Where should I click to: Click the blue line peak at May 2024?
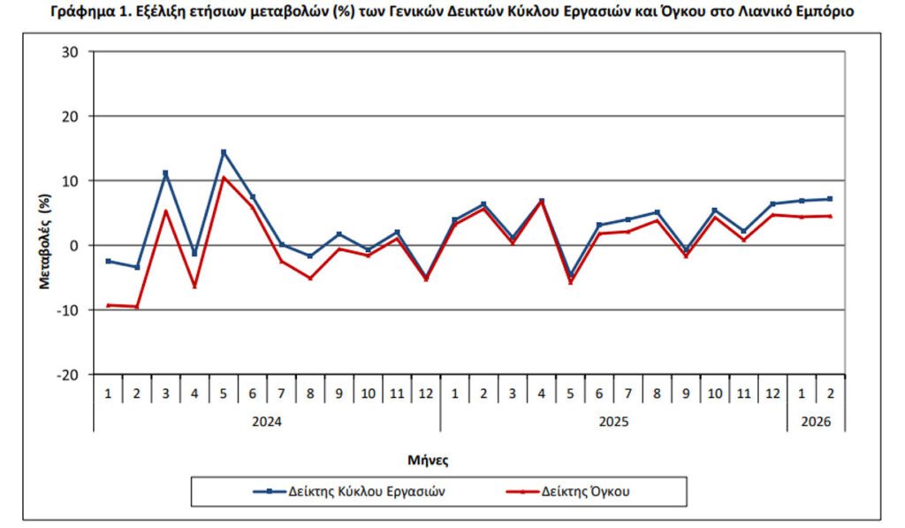pos(224,152)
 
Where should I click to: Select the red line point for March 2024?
pos(165,210)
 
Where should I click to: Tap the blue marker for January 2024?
pos(108,261)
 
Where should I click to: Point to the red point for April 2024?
pos(194,287)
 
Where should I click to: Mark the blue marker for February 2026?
pos(831,199)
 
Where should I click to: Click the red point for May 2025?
pos(570,282)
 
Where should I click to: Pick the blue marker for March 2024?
pos(165,173)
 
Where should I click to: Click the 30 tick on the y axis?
pos(72,52)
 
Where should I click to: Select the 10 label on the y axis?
pos(72,181)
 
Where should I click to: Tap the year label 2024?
pos(267,422)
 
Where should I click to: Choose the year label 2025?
pos(613,422)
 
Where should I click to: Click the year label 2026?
pos(816,422)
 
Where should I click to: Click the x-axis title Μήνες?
pos(428,460)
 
